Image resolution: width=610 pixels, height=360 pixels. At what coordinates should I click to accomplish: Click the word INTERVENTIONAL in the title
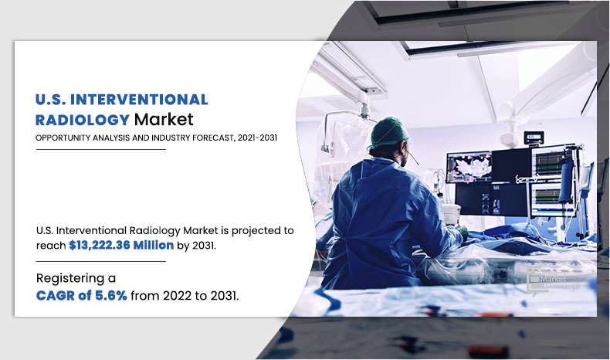point(139,100)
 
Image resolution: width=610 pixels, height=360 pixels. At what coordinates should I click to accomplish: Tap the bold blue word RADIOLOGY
point(83,120)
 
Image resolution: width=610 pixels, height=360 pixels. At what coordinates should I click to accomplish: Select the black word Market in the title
point(164,120)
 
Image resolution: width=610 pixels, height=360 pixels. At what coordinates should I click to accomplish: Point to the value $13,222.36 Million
point(121,245)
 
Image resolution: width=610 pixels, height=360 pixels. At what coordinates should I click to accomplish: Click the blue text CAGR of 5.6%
point(82,296)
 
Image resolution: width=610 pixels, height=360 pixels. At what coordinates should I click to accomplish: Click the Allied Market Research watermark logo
point(552,281)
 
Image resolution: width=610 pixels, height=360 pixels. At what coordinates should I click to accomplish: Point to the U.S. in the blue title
point(50,100)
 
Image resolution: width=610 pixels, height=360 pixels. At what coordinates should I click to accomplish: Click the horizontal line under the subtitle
point(100,149)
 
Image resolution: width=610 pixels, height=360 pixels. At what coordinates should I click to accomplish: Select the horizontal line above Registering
point(100,262)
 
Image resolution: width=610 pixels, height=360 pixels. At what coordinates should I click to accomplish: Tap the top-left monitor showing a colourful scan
point(469,167)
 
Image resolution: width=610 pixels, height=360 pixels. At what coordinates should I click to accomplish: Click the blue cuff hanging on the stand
point(567,180)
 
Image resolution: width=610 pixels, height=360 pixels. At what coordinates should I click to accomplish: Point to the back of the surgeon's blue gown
point(374,218)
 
